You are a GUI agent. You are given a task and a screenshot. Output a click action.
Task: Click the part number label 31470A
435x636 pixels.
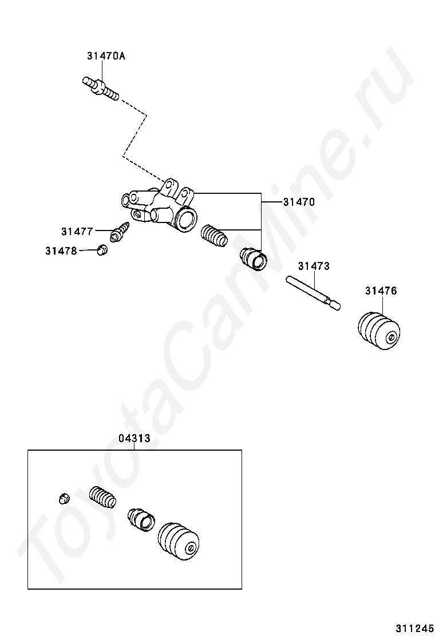106,56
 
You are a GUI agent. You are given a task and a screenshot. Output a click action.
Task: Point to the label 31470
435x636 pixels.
299,202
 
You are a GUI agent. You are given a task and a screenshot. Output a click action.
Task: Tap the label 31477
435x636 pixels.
77,232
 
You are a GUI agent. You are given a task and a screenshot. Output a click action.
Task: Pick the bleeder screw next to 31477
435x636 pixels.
121,231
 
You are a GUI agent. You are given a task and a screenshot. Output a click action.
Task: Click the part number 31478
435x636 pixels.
61,251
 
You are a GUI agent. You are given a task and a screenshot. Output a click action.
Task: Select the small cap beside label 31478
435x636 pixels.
102,250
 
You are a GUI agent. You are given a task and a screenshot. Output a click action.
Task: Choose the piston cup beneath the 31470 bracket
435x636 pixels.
252,259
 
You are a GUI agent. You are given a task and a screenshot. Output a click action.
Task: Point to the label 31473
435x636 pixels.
314,267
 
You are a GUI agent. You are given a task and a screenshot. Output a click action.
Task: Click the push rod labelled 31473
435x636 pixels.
313,292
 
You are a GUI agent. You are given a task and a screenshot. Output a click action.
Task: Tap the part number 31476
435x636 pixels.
381,291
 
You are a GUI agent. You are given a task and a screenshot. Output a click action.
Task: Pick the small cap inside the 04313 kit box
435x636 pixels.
65,498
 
